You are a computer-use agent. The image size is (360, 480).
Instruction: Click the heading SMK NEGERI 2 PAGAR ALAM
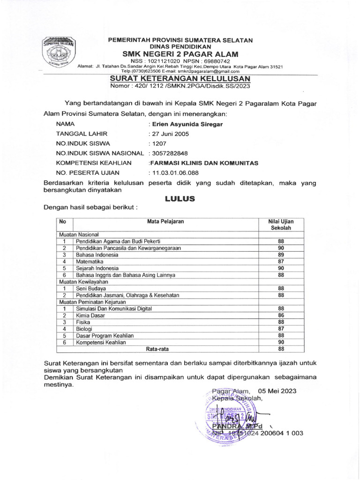tap(180, 54)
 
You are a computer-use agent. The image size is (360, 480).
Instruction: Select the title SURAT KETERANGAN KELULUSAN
tap(180, 78)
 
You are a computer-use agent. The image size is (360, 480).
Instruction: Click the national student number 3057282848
tap(168, 153)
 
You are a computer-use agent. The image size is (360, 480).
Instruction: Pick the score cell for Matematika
tap(281, 261)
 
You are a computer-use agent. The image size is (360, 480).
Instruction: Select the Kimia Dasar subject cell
tap(90, 315)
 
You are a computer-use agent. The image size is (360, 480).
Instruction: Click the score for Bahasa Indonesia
tap(281, 254)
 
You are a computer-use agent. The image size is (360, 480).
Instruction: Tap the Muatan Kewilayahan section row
tap(83, 282)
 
